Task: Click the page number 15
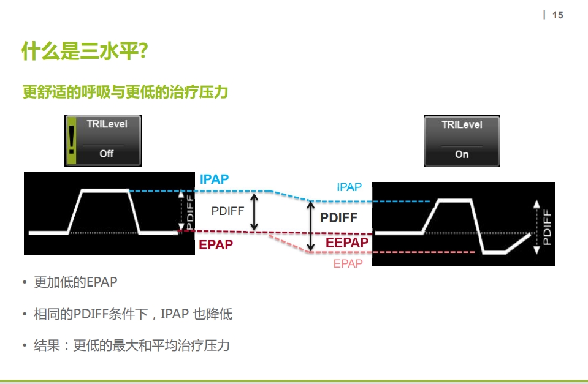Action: click(x=557, y=15)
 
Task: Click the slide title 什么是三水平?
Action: click(x=84, y=51)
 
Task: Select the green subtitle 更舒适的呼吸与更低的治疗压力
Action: click(x=125, y=92)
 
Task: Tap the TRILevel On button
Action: click(x=462, y=140)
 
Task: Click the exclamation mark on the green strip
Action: click(x=72, y=140)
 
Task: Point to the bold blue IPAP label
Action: click(x=214, y=179)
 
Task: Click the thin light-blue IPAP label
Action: click(x=349, y=187)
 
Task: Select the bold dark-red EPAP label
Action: click(x=216, y=245)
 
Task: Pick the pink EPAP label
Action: click(x=348, y=264)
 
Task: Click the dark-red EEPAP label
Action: click(x=347, y=243)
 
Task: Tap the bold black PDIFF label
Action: click(x=338, y=218)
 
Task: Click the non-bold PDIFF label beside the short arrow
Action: click(x=227, y=211)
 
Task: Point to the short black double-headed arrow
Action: click(x=256, y=213)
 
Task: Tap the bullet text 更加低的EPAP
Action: click(x=75, y=282)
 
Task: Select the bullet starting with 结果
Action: click(x=131, y=345)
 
